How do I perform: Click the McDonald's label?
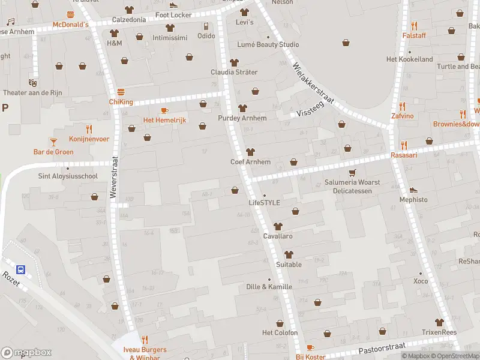[70, 25]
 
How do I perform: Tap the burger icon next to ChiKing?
[121, 92]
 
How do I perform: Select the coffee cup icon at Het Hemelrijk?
[164, 110]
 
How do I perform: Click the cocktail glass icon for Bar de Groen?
[53, 142]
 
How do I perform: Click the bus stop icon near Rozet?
[20, 269]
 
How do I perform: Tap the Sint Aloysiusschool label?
[59, 176]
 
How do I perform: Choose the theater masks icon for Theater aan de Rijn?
[32, 82]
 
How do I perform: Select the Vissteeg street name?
[310, 109]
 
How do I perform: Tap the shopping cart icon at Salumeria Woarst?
[352, 172]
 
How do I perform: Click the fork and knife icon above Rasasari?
[404, 145]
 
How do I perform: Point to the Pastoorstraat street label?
[382, 348]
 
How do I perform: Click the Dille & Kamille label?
[269, 287]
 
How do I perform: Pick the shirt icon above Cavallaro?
[277, 226]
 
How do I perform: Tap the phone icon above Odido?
[206, 26]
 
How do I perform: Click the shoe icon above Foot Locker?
[173, 5]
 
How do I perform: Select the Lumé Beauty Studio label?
[268, 44]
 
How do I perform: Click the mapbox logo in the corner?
[26, 352]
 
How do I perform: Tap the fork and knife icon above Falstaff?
[414, 26]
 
